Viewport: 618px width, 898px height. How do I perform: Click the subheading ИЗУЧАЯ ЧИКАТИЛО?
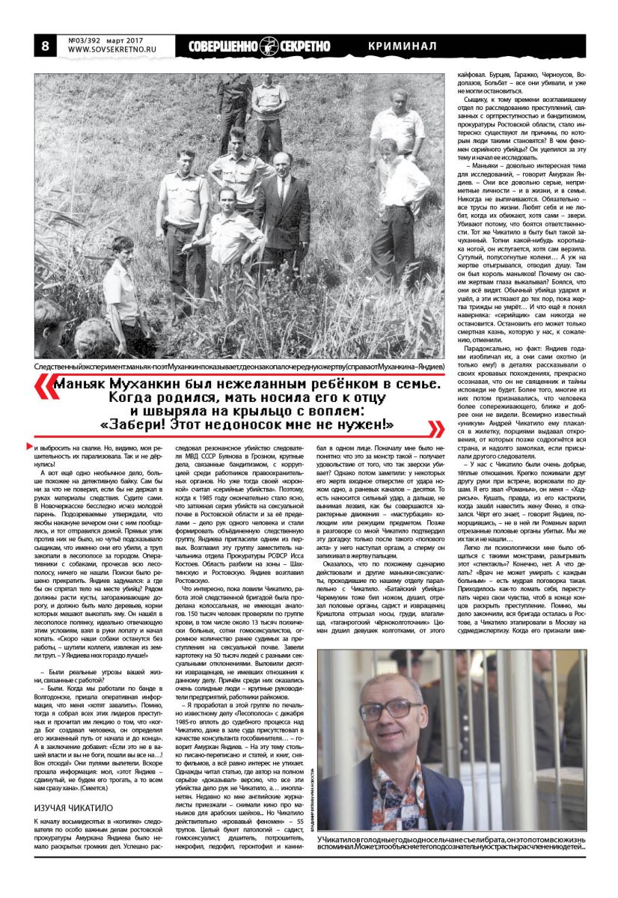[73, 807]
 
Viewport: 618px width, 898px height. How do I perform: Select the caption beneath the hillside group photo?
[239, 366]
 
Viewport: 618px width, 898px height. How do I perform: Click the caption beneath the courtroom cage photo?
[451, 849]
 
